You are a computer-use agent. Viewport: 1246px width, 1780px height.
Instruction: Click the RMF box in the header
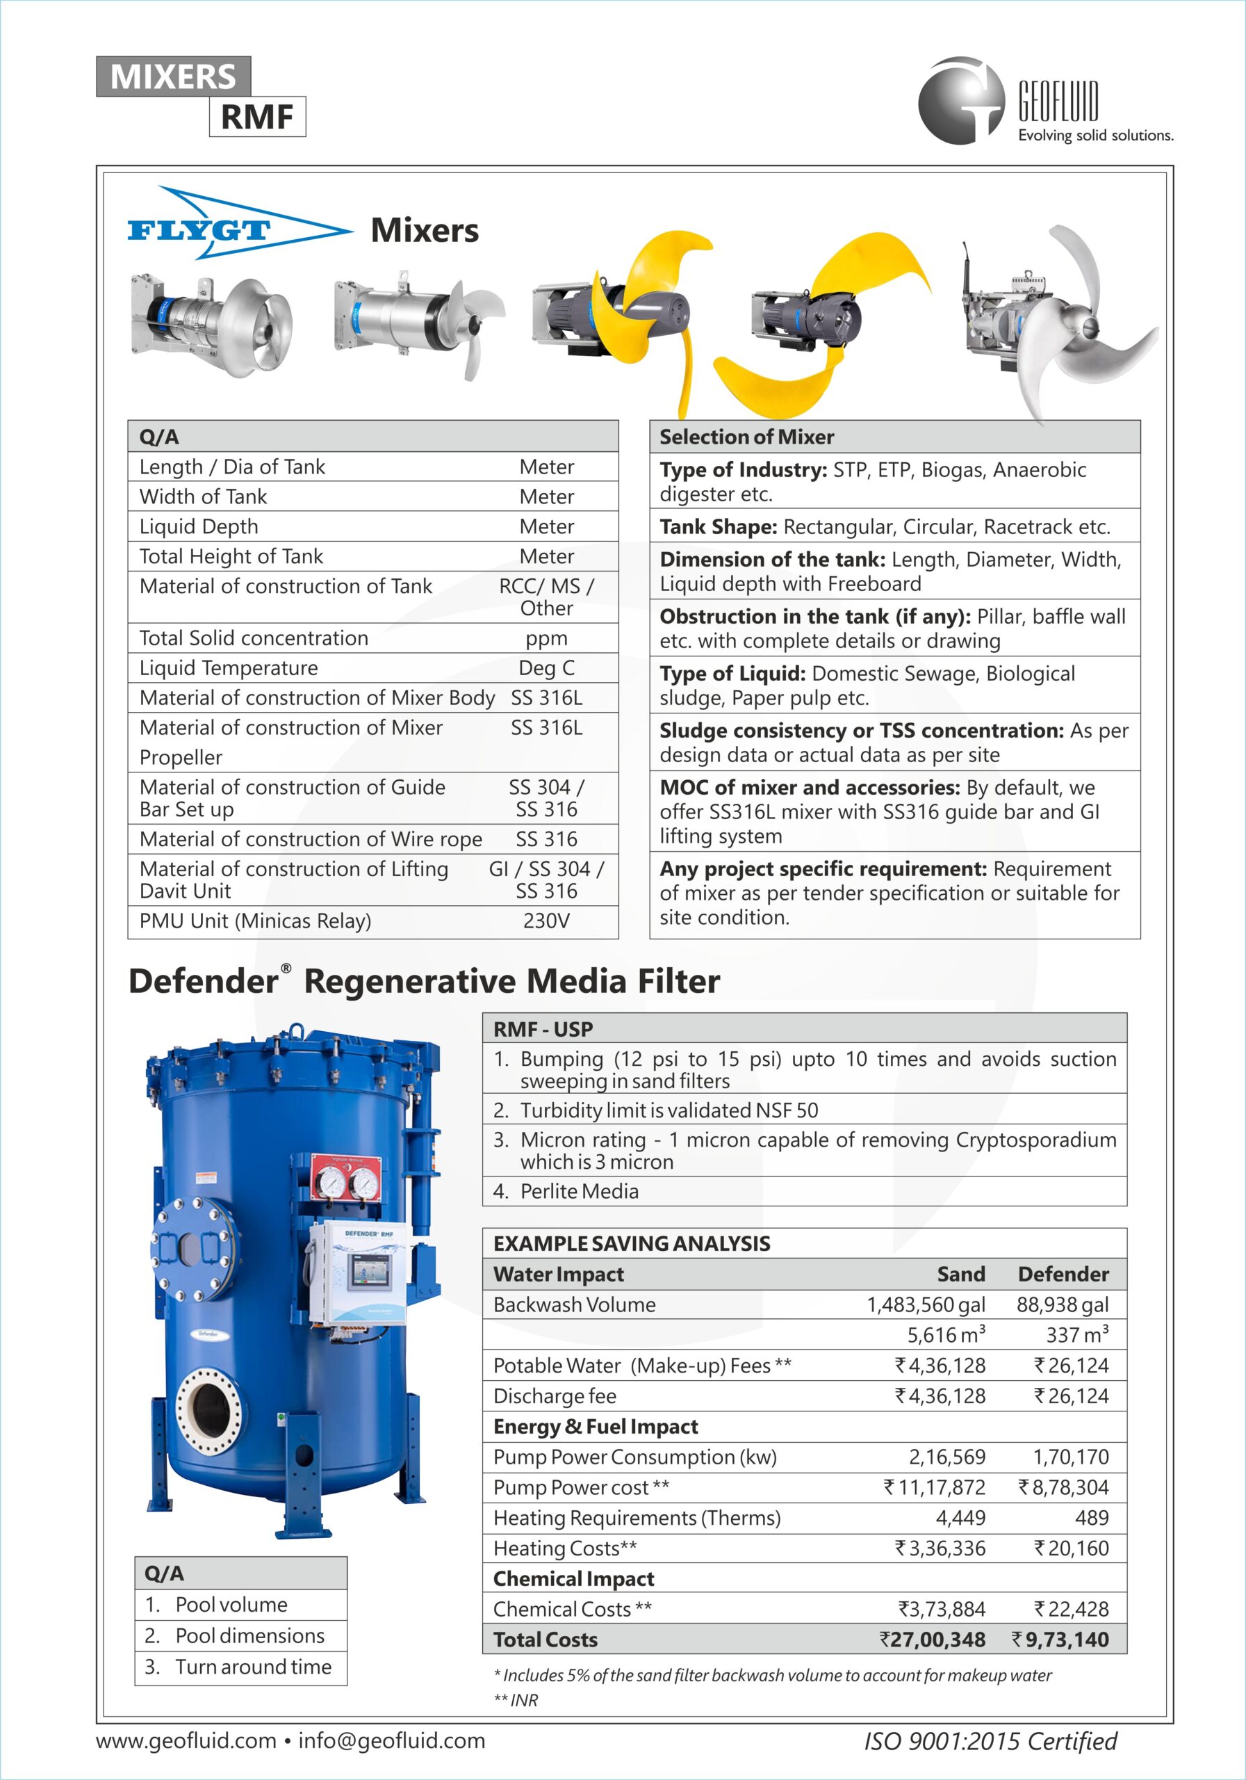[257, 117]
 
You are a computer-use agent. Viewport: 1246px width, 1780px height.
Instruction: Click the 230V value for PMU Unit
[546, 921]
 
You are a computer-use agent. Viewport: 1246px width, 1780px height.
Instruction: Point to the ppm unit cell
[546, 638]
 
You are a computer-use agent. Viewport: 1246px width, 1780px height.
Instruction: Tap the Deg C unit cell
[546, 668]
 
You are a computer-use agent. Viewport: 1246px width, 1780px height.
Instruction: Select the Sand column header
[961, 1275]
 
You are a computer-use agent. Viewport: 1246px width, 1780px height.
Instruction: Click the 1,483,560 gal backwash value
[925, 1305]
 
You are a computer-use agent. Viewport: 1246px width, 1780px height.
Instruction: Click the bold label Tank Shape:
[719, 527]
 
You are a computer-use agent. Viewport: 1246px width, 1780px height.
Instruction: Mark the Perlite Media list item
[579, 1191]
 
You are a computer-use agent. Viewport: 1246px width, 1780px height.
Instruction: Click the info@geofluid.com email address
[391, 1740]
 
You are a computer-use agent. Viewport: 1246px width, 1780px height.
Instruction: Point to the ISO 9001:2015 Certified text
[990, 1741]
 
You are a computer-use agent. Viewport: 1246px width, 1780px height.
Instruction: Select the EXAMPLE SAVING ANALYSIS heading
[632, 1243]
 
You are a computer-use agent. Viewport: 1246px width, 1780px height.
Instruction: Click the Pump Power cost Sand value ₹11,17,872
[935, 1487]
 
